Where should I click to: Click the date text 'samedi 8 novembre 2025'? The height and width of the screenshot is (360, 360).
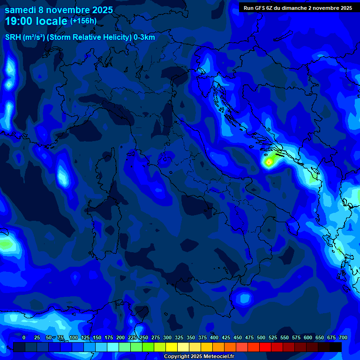[59, 10]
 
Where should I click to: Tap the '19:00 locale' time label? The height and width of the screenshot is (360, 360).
[36, 21]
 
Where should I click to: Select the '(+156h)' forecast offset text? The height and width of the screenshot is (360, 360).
[83, 21]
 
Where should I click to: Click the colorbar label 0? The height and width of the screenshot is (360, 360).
[24, 337]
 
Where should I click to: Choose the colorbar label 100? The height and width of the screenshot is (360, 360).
[74, 337]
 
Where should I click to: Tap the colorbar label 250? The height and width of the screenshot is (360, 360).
[144, 337]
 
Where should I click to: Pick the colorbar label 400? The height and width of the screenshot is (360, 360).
[214, 337]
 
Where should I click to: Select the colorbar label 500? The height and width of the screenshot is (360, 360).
[261, 337]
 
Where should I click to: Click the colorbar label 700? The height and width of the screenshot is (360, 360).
[343, 337]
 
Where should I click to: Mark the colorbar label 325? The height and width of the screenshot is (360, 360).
[179, 337]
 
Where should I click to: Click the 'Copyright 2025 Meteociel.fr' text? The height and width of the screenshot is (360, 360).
[199, 356]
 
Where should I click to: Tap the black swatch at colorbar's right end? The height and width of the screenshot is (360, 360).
[336, 347]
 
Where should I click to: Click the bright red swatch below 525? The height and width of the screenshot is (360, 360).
[265, 347]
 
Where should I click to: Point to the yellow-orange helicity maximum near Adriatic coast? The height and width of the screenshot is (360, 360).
[269, 162]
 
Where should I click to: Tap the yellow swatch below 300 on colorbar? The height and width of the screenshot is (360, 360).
[172, 347]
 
